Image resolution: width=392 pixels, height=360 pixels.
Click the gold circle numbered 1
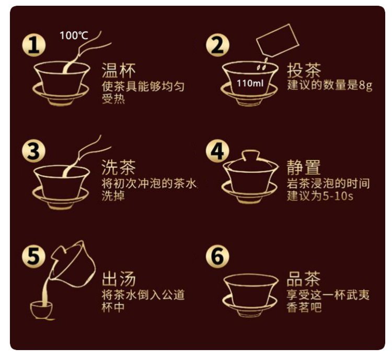pyautogui.click(x=34, y=45)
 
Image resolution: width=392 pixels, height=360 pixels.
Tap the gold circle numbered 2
pyautogui.click(x=217, y=45)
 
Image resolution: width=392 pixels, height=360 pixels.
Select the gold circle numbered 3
pyautogui.click(x=34, y=151)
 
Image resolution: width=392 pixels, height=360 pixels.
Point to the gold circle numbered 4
pyautogui.click(x=217, y=151)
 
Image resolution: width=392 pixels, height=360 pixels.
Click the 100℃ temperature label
pyautogui.click(x=74, y=35)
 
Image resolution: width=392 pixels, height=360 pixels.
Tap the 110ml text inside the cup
pyautogui.click(x=250, y=83)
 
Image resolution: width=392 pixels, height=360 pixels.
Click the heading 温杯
pyautogui.click(x=119, y=70)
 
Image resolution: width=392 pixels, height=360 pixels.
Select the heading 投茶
pyautogui.click(x=304, y=70)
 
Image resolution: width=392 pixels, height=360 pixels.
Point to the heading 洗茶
pyautogui.click(x=119, y=167)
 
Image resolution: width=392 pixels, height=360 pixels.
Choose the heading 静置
pyautogui.click(x=304, y=167)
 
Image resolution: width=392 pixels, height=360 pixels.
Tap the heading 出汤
pyautogui.click(x=119, y=278)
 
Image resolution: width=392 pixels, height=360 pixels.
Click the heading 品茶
pyautogui.click(x=304, y=278)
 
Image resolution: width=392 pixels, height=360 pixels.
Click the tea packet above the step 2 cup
pyautogui.click(x=278, y=40)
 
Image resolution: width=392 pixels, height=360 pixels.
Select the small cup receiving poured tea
pyautogui.click(x=41, y=310)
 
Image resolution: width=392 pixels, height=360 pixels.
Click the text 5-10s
pyautogui.click(x=338, y=195)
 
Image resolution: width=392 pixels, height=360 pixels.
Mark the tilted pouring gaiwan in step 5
pyautogui.click(x=73, y=265)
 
